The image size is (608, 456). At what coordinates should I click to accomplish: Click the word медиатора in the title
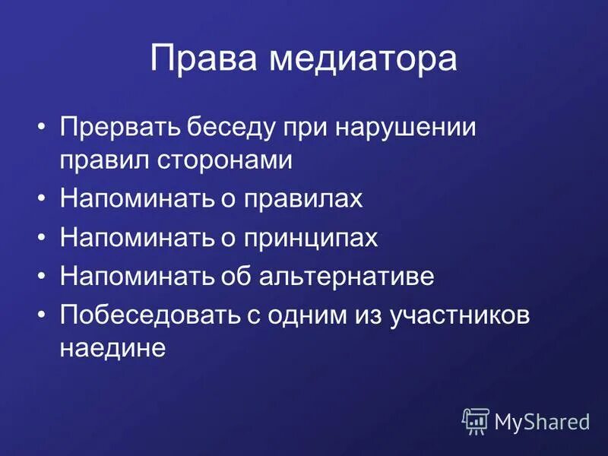click(363, 59)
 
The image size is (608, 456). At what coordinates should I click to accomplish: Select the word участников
click(460, 315)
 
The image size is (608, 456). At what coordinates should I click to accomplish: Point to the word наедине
click(112, 347)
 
